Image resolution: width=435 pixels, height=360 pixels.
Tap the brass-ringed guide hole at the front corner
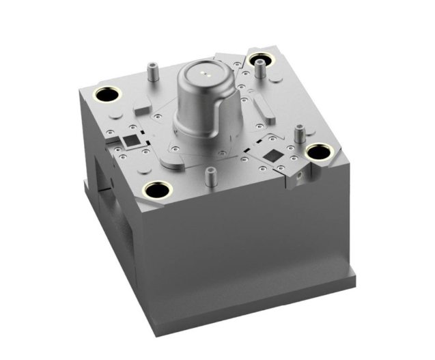158,190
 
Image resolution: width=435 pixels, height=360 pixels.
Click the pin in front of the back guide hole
260,72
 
